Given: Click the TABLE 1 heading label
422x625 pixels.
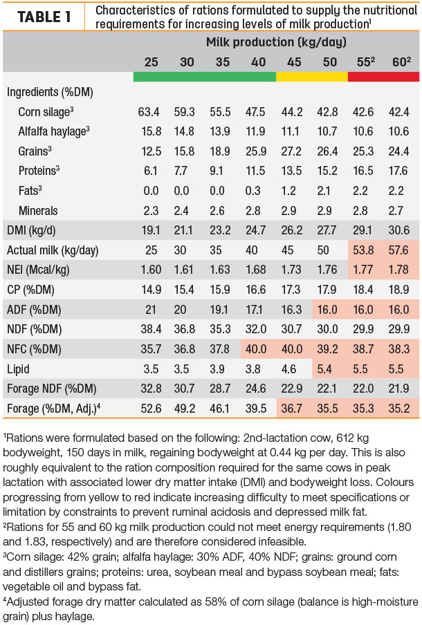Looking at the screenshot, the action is click(44, 17).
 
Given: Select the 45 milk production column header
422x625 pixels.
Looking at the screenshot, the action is click(294, 62).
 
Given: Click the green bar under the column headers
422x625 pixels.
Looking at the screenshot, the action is click(205, 77).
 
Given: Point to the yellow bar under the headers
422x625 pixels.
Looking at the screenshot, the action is click(312, 77).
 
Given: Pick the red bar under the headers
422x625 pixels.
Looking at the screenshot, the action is click(383, 77).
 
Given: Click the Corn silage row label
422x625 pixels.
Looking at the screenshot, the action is click(46, 112).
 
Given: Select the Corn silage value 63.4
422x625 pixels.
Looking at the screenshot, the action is click(149, 112).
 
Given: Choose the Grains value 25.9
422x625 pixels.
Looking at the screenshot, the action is click(256, 151).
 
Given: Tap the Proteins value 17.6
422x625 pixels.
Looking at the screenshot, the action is click(398, 171).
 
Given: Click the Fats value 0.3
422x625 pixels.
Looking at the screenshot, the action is click(253, 191).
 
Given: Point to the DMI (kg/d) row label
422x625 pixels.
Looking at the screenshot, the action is click(31, 230).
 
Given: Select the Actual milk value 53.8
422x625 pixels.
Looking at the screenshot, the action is click(363, 250).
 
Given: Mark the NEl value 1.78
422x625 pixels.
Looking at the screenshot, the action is click(399, 270).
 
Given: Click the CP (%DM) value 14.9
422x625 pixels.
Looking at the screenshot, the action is click(151, 290).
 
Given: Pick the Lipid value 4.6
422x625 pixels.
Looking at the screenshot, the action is click(288, 369).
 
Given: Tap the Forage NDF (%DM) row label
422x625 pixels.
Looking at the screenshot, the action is click(51, 389).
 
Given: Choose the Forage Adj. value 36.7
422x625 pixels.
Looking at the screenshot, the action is click(291, 409).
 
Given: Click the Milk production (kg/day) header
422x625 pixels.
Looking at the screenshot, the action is click(276, 42).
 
